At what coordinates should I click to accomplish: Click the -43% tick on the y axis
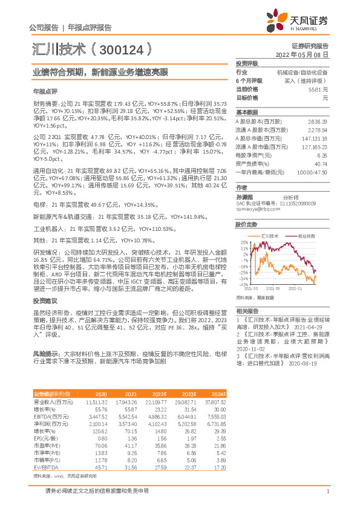tap(243, 284)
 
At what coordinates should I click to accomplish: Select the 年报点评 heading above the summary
tap(45, 91)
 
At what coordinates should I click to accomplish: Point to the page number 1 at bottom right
tap(327, 491)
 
